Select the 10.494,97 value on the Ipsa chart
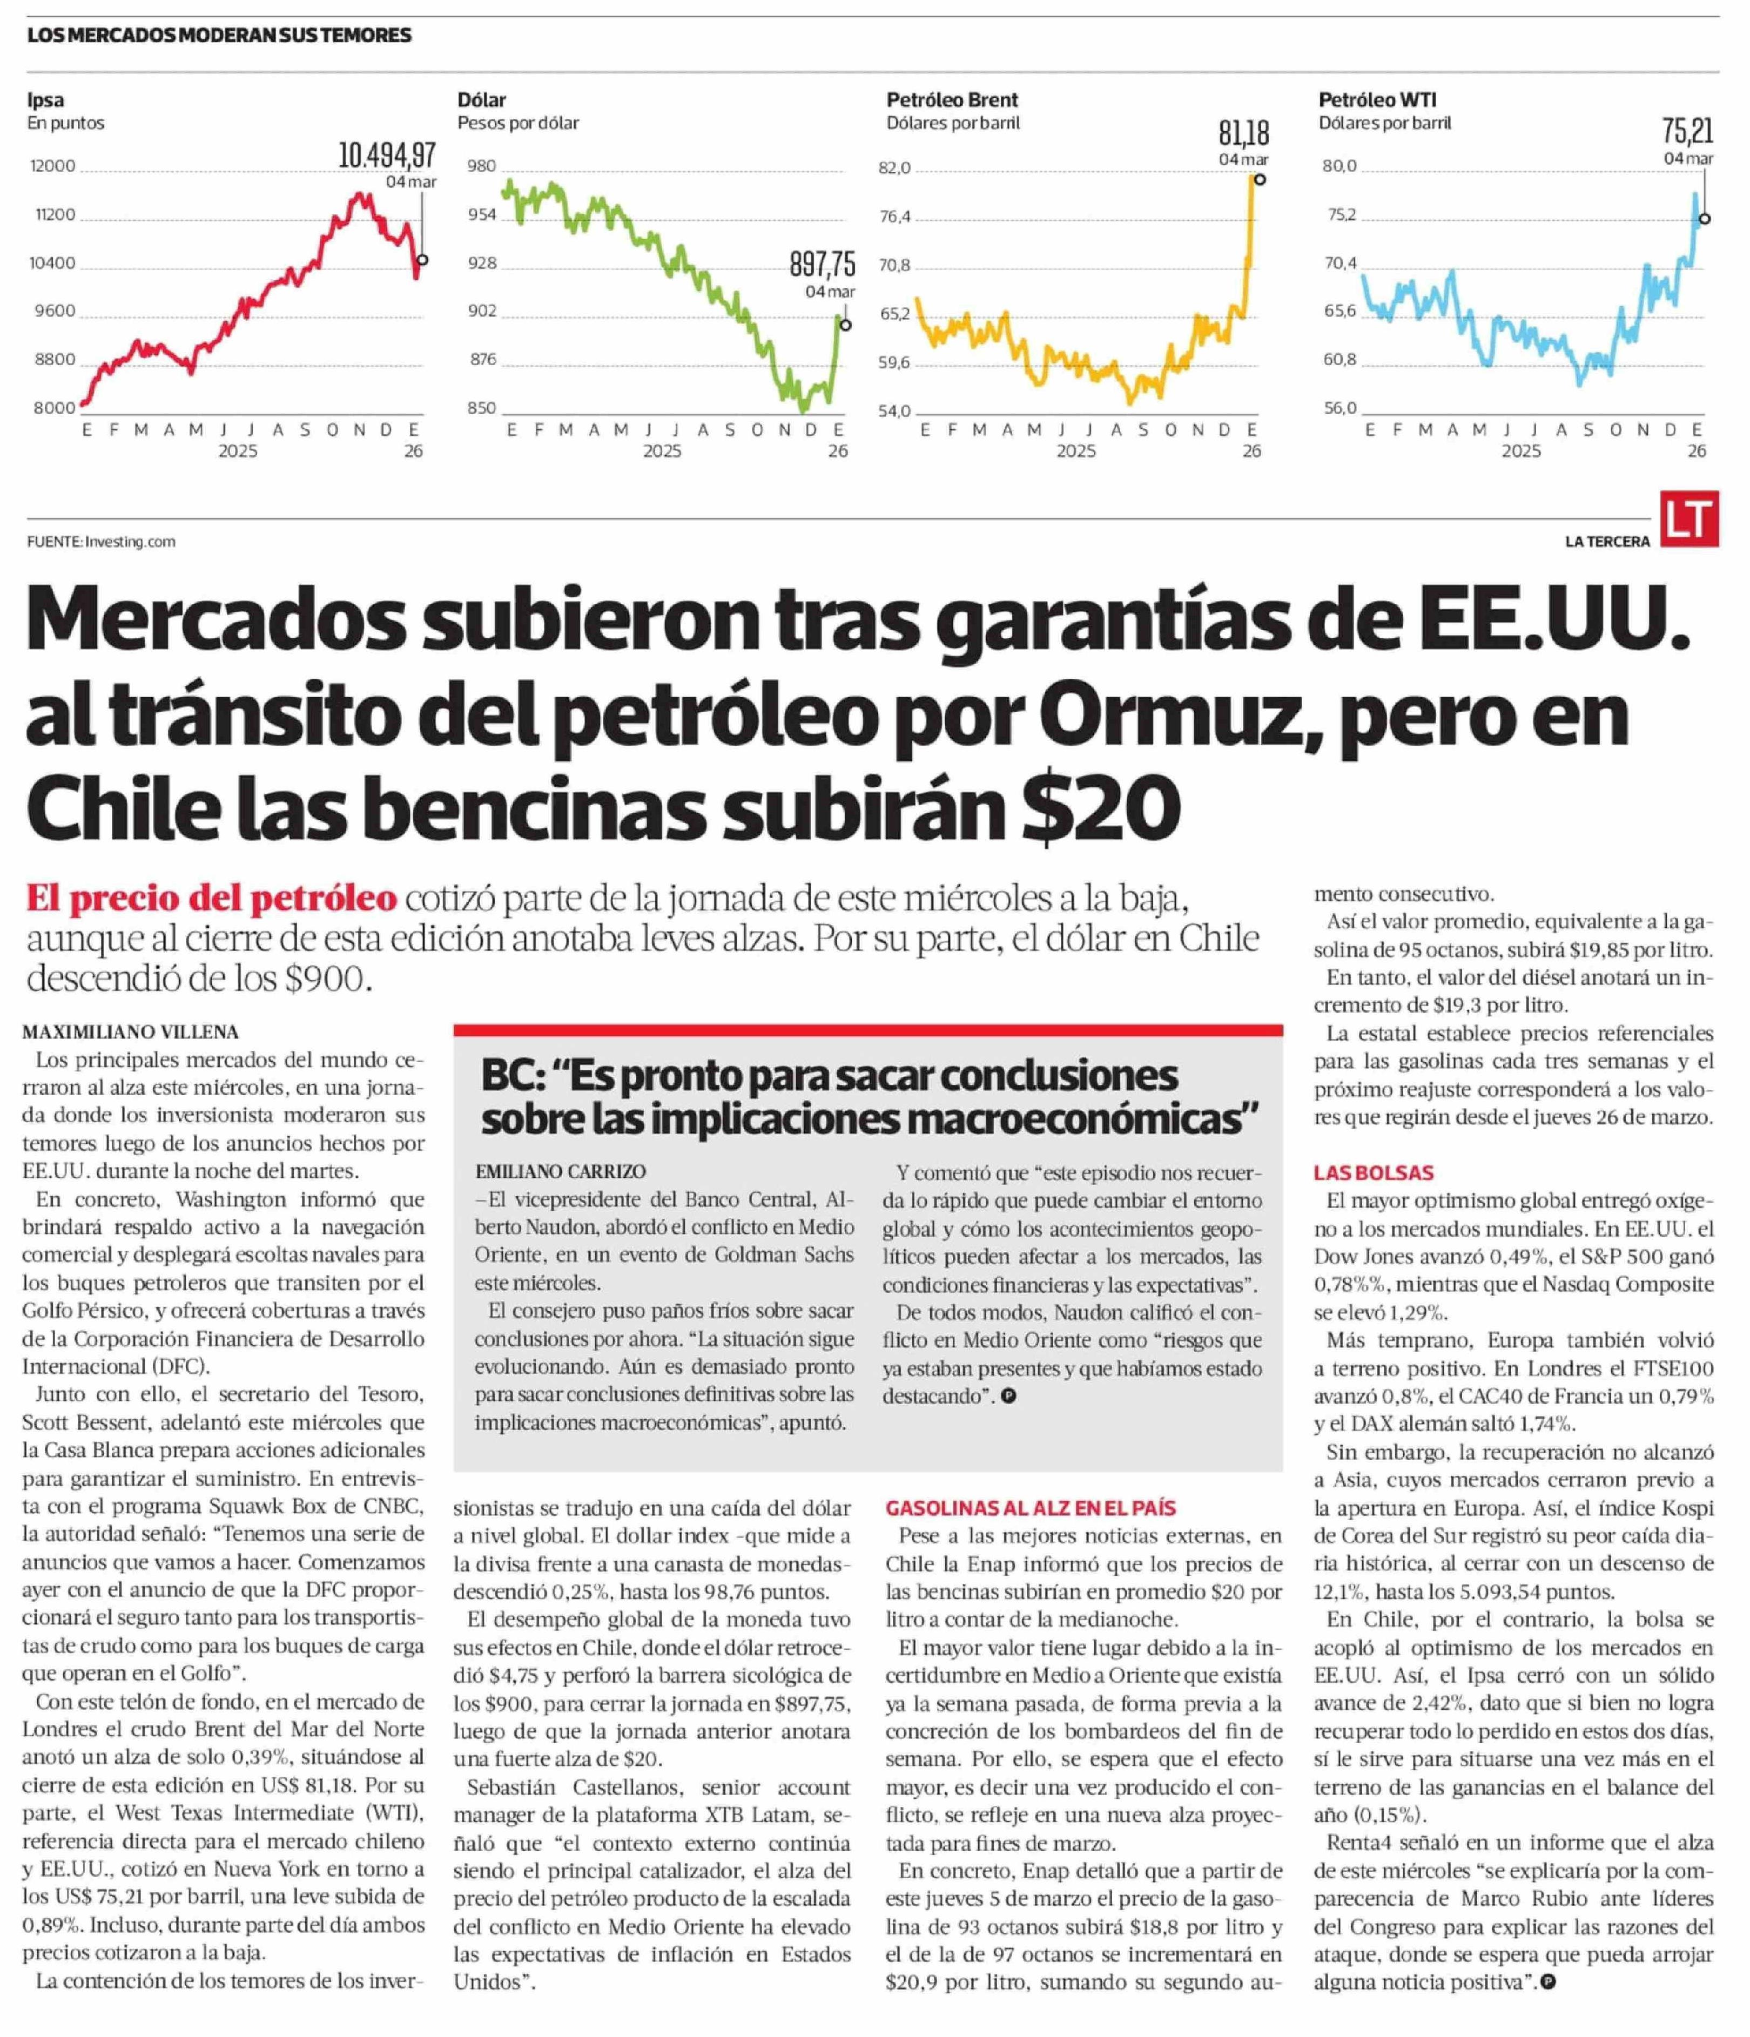[x=386, y=156]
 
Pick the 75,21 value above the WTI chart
[x=1687, y=131]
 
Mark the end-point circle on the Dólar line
[x=845, y=326]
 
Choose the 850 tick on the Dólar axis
[x=482, y=408]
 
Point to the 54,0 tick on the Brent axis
[x=894, y=411]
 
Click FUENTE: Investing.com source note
[x=101, y=542]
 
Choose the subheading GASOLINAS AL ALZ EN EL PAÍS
[x=1031, y=1508]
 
